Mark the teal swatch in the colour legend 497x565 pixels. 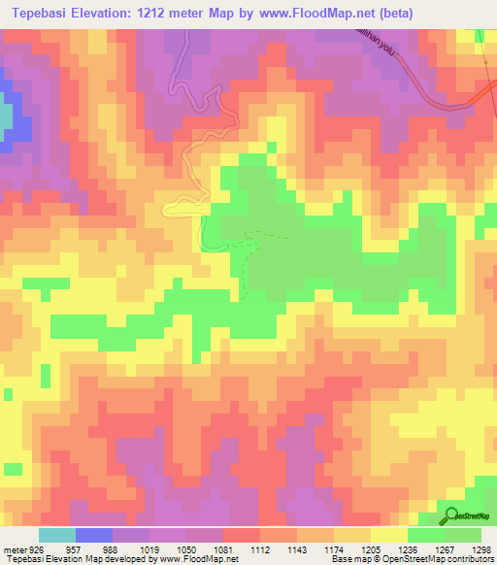tap(57, 536)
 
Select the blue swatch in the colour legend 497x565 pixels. tap(94, 536)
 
